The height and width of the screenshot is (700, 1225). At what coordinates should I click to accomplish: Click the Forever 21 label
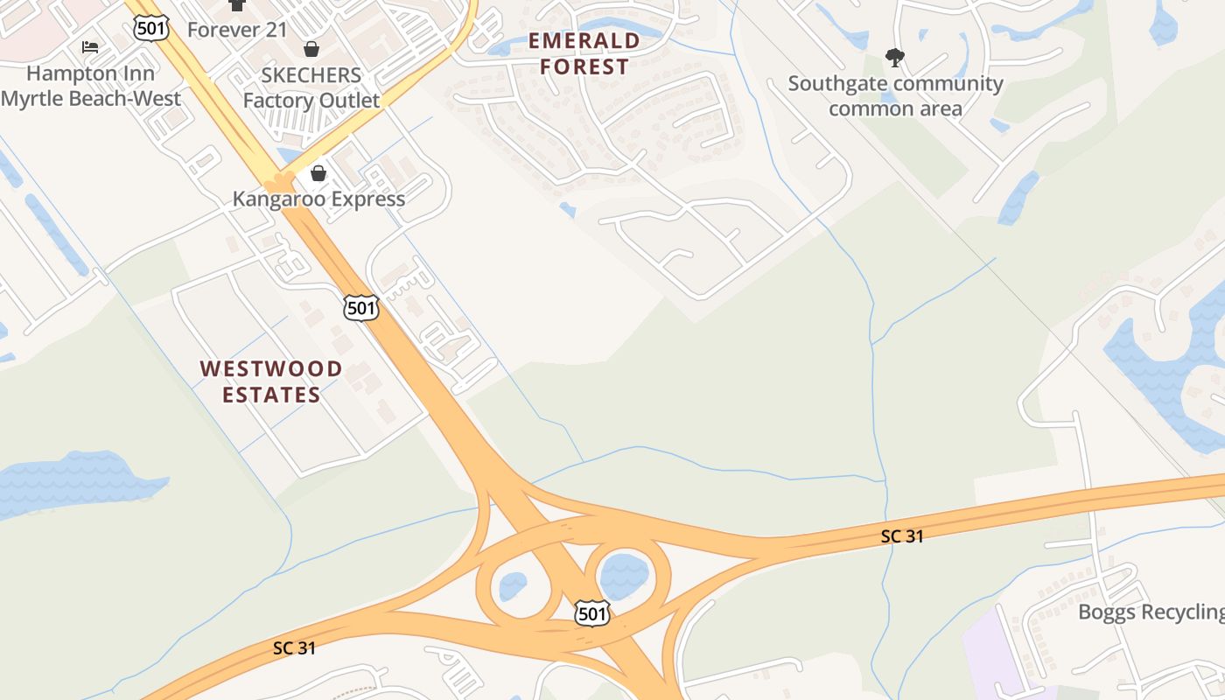coord(237,30)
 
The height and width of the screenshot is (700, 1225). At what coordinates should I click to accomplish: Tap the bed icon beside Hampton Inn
coord(90,46)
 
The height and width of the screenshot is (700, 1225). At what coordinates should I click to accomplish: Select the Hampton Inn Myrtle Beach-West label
coord(90,86)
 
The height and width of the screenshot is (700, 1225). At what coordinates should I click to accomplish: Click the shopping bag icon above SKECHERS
coord(311,49)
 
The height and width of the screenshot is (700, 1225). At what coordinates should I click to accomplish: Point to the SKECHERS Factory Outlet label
coord(311,87)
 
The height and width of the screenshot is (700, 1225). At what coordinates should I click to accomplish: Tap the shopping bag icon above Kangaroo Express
coord(318,173)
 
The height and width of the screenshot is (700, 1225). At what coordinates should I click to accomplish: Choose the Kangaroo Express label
coord(318,199)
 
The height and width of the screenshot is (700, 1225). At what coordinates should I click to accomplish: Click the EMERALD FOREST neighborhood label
coord(584,53)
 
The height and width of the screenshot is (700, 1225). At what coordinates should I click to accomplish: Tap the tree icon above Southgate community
coord(894,58)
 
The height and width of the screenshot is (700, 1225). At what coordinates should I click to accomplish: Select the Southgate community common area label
coord(895,96)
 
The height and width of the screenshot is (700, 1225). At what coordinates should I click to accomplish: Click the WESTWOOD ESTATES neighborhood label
coord(271,381)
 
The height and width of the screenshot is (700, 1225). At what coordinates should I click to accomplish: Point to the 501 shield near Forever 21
coord(151,28)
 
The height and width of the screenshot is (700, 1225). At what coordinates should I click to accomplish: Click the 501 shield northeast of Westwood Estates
coord(361,307)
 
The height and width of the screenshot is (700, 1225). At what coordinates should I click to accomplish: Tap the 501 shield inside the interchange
coord(592,613)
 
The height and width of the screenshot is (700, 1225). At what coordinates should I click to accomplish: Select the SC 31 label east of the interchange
coord(902,536)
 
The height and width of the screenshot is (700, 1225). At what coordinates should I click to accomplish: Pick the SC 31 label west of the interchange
coord(294,648)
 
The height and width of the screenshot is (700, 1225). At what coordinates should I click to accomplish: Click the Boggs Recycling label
coord(1151,612)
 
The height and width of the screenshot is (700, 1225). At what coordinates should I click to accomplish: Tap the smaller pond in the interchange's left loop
coord(514,585)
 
